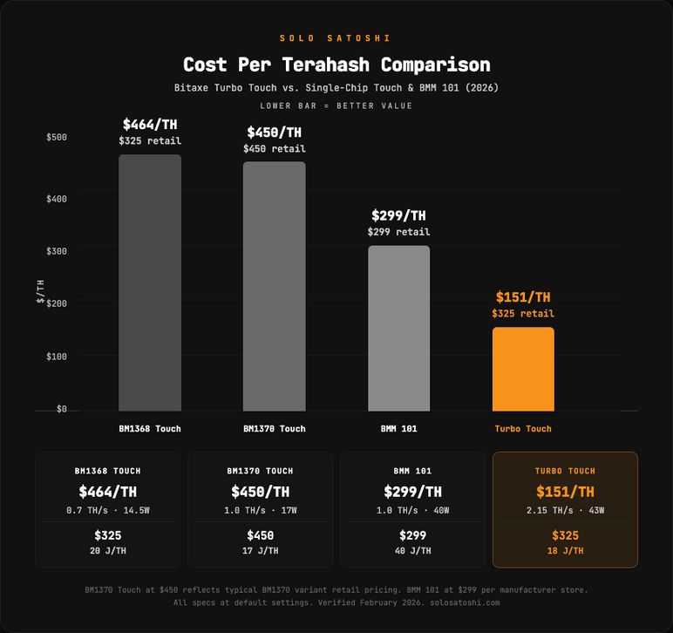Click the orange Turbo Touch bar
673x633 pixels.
(x=523, y=369)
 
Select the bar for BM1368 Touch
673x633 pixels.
(x=150, y=282)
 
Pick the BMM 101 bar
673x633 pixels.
(x=398, y=328)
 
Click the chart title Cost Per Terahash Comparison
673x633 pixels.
(x=336, y=65)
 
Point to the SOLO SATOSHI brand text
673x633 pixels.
(x=336, y=38)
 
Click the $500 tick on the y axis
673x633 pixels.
(x=57, y=137)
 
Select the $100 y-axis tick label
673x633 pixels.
(x=57, y=356)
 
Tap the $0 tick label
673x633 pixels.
(x=61, y=409)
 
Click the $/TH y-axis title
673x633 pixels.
(x=40, y=292)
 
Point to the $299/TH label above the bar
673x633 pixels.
(x=398, y=215)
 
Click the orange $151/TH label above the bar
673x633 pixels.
(x=523, y=297)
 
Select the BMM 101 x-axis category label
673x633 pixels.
(x=398, y=429)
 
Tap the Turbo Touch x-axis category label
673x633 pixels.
(x=523, y=429)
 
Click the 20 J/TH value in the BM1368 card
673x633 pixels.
(x=108, y=551)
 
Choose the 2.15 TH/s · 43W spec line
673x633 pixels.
(x=565, y=510)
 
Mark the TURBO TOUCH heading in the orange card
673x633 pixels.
(x=565, y=471)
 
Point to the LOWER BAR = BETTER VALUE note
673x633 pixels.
(x=336, y=105)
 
